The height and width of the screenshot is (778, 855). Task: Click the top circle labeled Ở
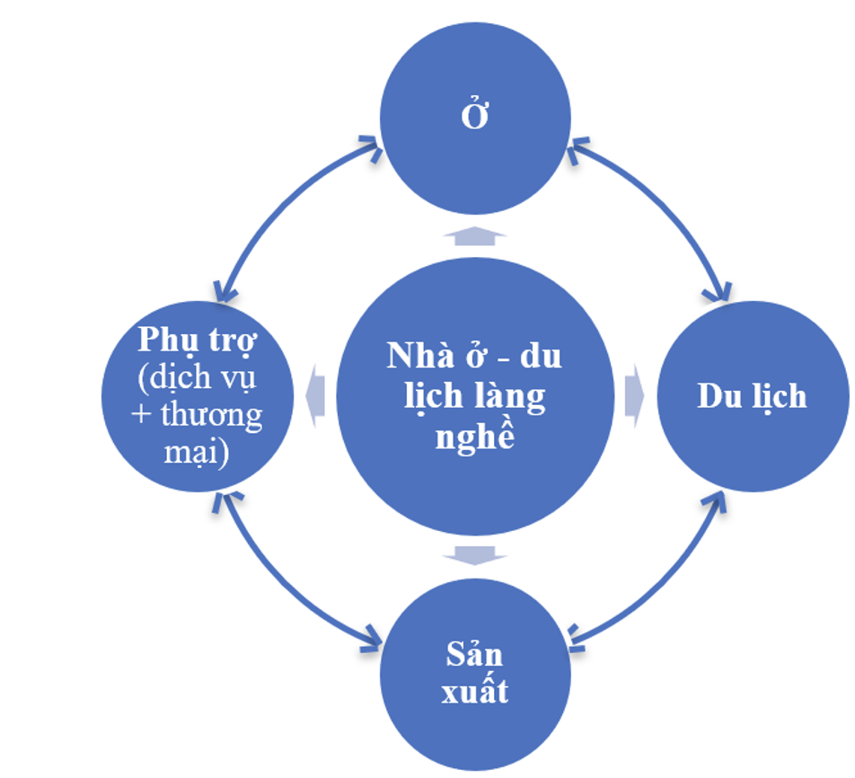(475, 119)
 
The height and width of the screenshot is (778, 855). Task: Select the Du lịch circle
(753, 396)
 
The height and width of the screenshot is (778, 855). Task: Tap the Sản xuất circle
(475, 675)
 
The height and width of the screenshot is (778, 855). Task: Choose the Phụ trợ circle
(198, 396)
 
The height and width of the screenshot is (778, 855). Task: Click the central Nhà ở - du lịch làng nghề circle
(475, 396)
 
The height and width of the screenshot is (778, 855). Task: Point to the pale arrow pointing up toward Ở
(474, 235)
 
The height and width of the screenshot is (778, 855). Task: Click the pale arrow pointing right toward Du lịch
(634, 396)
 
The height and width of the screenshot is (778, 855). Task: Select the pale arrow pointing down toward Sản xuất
(475, 555)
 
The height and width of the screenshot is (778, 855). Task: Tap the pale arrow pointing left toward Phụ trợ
(315, 396)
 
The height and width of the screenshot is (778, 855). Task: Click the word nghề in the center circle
(475, 437)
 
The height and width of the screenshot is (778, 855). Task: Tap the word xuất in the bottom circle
(475, 691)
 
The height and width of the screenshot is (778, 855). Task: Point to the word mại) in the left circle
(197, 452)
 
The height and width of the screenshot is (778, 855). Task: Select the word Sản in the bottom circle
(474, 654)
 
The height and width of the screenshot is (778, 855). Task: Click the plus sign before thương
(141, 415)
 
